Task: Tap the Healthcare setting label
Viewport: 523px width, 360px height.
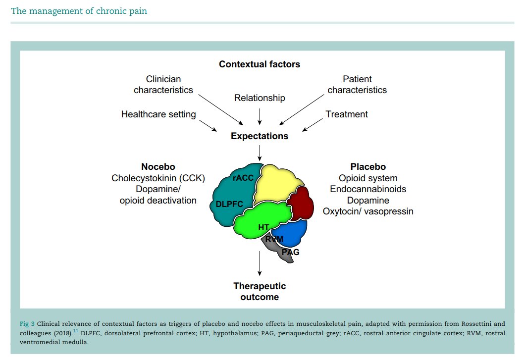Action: pos(158,114)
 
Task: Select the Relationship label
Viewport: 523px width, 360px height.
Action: pos(260,98)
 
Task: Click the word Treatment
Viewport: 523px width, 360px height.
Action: pos(347,114)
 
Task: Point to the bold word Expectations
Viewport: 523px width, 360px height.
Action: pos(260,136)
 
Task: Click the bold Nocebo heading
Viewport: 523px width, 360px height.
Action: pos(158,167)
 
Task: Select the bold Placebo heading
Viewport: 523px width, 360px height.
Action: pos(368,167)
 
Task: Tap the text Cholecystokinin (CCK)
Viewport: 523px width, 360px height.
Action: pos(158,178)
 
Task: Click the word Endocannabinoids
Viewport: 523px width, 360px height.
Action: pos(368,189)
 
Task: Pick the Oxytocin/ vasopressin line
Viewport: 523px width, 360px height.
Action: pos(368,211)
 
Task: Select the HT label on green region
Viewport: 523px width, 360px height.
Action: pos(263,227)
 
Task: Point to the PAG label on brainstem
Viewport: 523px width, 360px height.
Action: pos(290,252)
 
